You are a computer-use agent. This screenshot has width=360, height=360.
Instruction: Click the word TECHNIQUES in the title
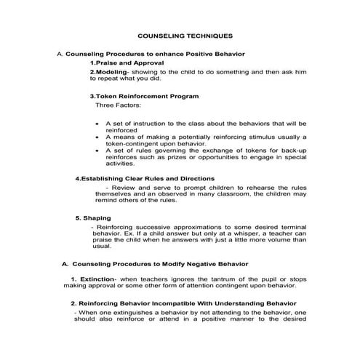tap(206, 35)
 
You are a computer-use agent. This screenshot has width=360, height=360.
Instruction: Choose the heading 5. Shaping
tap(93, 217)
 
